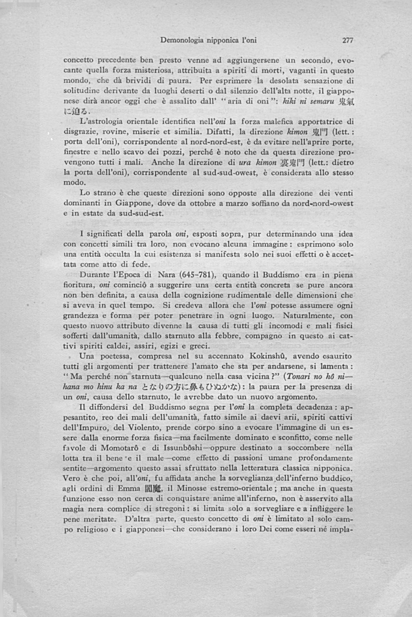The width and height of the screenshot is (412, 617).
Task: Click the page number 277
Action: point(347,41)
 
